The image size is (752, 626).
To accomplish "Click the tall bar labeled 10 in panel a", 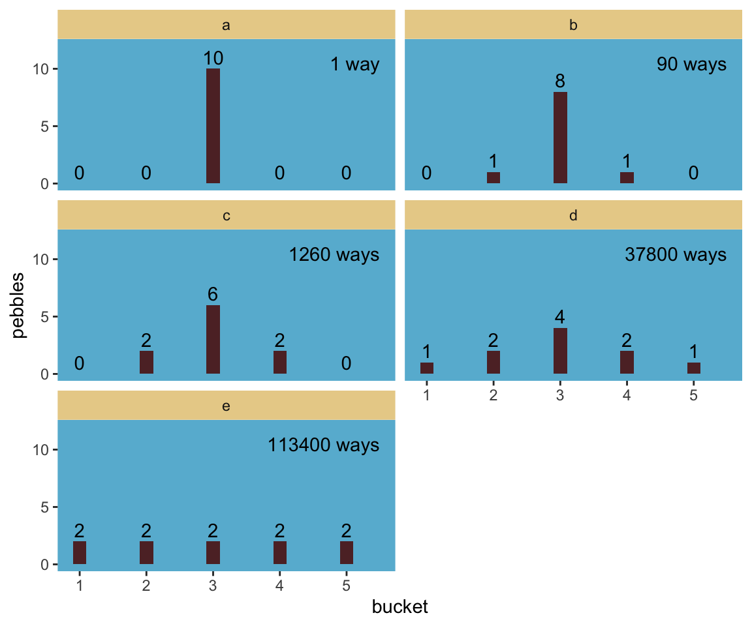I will click(x=213, y=126).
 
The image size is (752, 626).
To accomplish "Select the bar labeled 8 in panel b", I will click(x=560, y=138).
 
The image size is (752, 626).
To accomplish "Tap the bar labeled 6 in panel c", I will click(x=213, y=339).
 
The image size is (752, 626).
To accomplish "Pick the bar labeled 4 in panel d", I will click(x=560, y=351).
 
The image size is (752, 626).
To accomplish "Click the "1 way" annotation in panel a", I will click(x=355, y=65).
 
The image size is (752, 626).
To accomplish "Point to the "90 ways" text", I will click(x=691, y=65).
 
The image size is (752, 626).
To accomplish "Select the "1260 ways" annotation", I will click(x=334, y=255).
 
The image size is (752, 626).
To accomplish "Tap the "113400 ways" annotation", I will click(x=324, y=445).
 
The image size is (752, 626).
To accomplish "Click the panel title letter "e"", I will click(x=227, y=406).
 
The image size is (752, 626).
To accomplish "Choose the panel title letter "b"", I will click(x=574, y=25).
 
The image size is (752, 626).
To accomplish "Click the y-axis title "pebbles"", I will click(x=19, y=305).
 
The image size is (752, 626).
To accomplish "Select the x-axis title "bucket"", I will click(x=399, y=607).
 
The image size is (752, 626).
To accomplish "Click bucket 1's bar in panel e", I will click(x=80, y=552).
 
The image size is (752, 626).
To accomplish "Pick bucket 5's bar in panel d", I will click(x=694, y=368).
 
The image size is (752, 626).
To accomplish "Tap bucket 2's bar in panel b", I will click(x=493, y=177).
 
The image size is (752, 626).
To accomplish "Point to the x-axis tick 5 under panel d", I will click(x=694, y=395).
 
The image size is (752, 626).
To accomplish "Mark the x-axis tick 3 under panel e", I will click(x=213, y=586).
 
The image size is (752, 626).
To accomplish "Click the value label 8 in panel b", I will click(x=560, y=82).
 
